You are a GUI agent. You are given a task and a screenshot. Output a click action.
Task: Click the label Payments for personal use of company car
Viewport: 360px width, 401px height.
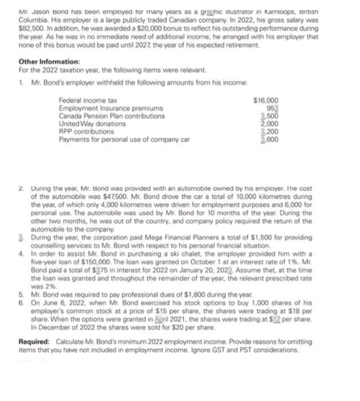click(x=124, y=139)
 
